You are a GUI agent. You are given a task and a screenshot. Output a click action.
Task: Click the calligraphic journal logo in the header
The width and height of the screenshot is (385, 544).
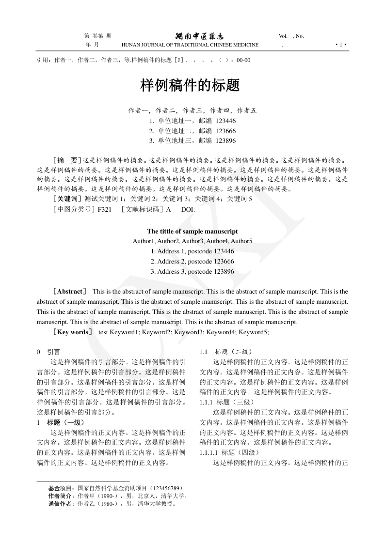click(x=199, y=36)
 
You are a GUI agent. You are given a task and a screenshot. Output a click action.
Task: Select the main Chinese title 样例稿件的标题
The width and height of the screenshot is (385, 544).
click(x=190, y=86)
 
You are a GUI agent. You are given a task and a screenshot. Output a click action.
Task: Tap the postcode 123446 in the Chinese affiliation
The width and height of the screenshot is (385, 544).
click(x=225, y=121)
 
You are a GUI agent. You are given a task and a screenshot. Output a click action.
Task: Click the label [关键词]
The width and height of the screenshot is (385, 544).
click(x=67, y=199)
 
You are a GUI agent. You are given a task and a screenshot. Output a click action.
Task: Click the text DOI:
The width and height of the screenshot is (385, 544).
click(x=188, y=209)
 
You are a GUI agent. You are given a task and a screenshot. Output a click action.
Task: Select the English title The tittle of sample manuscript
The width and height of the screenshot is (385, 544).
click(x=192, y=231)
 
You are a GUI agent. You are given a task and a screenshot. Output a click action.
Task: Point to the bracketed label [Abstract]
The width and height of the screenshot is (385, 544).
click(x=70, y=292)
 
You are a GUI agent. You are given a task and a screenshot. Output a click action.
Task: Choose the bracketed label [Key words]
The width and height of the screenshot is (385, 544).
click(x=73, y=332)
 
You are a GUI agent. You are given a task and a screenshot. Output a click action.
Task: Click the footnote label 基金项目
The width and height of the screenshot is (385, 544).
click(x=61, y=488)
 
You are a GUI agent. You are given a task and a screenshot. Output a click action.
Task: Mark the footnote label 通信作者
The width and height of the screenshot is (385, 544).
click(x=61, y=503)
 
